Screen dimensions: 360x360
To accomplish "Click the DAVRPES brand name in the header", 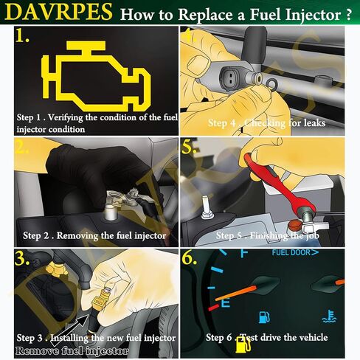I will pos(58,13).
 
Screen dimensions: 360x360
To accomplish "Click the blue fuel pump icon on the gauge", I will pos(263,318).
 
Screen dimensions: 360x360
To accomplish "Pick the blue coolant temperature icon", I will pos(328,318).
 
